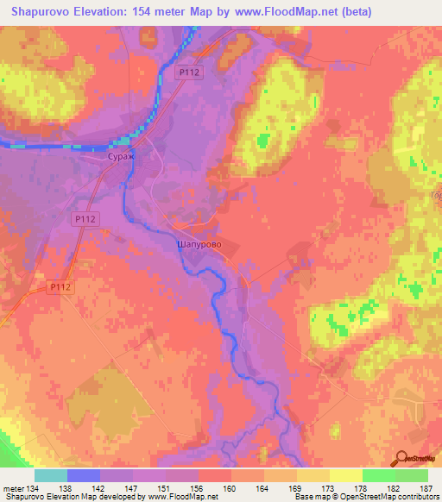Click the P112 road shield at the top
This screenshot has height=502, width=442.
click(190, 73)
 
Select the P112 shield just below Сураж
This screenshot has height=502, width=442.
click(84, 221)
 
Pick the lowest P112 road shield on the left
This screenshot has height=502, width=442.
click(60, 286)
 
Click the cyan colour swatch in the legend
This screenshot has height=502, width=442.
click(51, 475)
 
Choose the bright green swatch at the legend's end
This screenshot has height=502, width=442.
click(412, 475)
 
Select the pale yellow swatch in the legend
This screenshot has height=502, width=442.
click(346, 475)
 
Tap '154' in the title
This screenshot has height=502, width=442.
click(155, 12)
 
